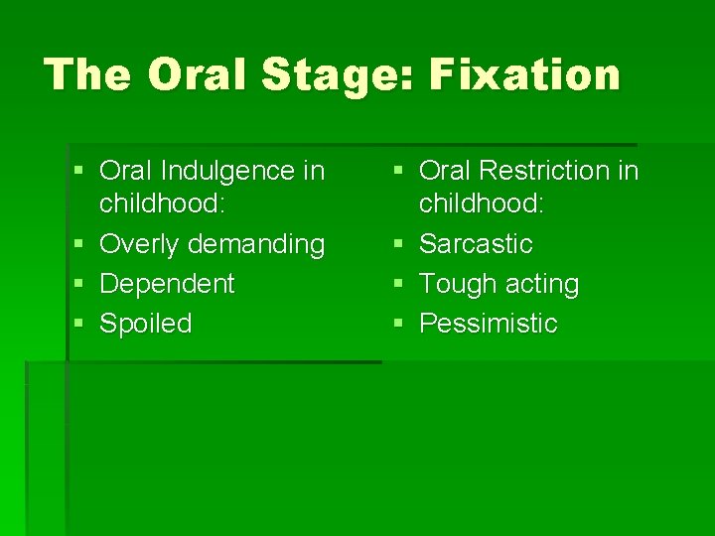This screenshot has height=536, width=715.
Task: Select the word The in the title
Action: point(87,74)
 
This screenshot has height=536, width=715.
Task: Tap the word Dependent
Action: point(167,285)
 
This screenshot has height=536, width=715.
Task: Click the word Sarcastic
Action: point(476,244)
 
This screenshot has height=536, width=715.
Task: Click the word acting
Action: point(541,285)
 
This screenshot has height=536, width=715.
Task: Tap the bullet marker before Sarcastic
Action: point(397,244)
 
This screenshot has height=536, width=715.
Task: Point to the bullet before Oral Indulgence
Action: point(78,172)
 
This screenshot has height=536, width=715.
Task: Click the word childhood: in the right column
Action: point(481,204)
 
